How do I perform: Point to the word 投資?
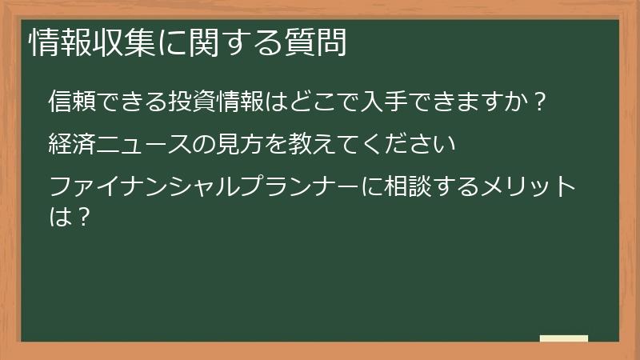pyautogui.click(x=189, y=102)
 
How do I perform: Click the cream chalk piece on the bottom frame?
pyautogui.click(x=563, y=338)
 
